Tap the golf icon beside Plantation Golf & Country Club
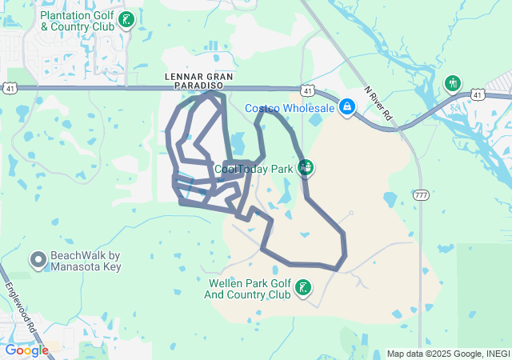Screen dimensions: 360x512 click(126, 18)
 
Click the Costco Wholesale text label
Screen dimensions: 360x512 click(289, 108)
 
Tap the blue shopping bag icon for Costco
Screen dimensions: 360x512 click(347, 106)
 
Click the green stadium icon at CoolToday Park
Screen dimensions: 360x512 click(306, 167)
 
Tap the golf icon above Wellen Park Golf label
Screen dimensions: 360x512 click(303, 287)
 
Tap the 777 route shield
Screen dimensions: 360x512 click(422, 194)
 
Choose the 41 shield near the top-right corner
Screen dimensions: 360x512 click(478, 94)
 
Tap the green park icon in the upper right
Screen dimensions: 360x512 click(454, 82)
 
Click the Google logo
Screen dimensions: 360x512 click(26, 350)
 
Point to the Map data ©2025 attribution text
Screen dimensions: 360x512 click(447, 354)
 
